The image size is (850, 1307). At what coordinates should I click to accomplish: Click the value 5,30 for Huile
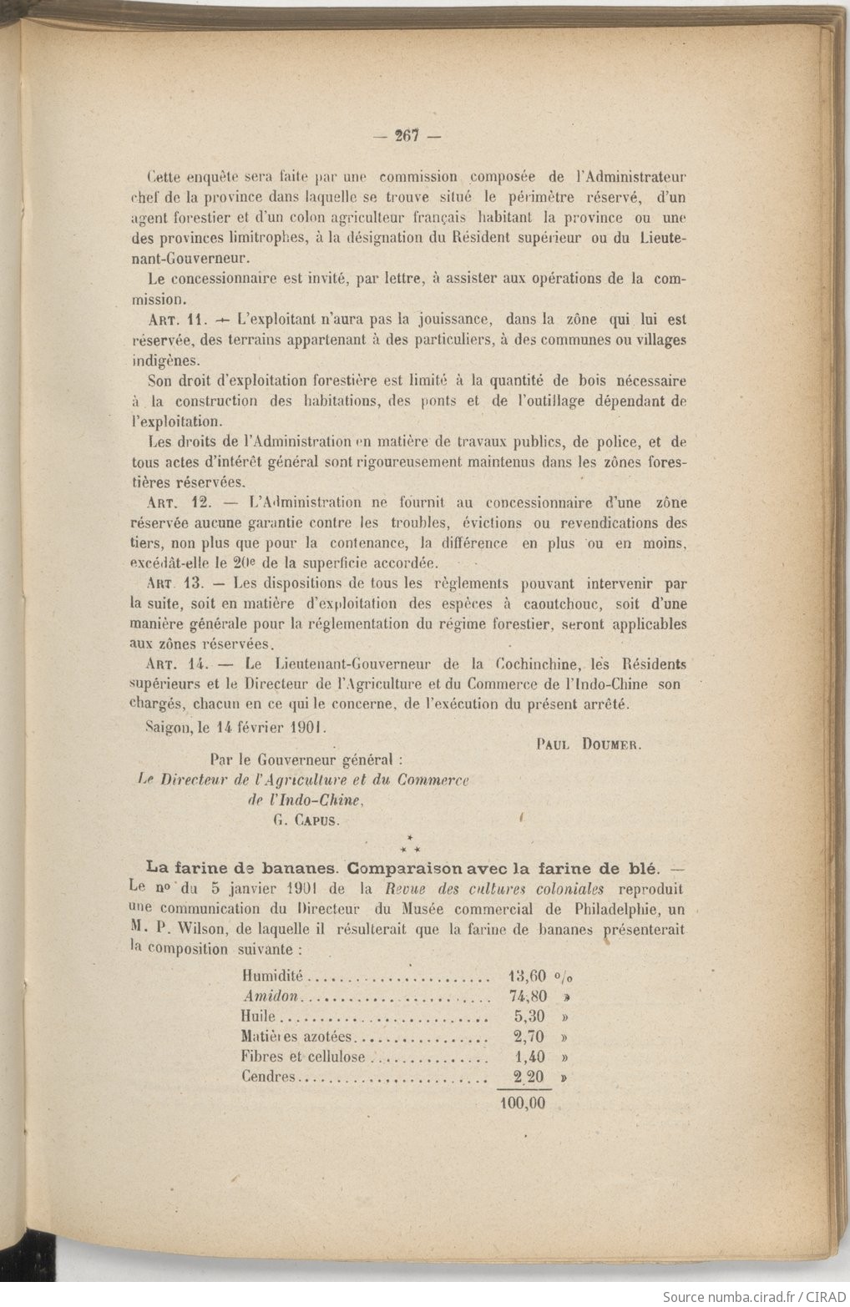529,1017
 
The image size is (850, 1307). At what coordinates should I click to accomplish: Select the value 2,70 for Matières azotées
529,1038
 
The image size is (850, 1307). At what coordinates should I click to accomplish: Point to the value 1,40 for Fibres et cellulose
529,1057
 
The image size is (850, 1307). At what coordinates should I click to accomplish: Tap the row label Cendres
269,1077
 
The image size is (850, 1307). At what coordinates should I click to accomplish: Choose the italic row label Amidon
271,997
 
